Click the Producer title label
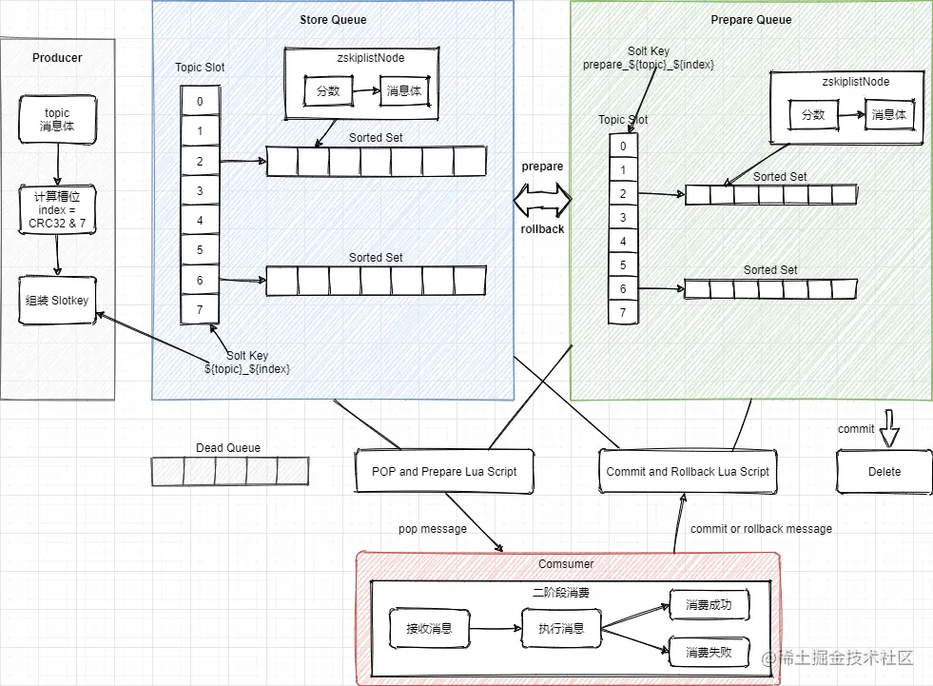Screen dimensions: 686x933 (57, 58)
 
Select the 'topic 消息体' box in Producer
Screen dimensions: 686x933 (57, 119)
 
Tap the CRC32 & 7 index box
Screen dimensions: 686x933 (57, 210)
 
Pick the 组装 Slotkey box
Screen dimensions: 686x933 (57, 300)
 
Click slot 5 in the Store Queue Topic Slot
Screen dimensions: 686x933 (200, 250)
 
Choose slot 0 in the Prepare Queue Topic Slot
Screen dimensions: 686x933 (623, 147)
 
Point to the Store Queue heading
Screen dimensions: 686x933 (333, 19)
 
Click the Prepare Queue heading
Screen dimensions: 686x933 (751, 19)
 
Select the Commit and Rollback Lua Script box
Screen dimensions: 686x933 (688, 472)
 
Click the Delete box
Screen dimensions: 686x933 (884, 472)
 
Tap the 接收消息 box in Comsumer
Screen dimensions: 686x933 (429, 628)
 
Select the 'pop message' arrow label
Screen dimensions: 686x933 (432, 529)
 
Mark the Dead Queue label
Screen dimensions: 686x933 (228, 448)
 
